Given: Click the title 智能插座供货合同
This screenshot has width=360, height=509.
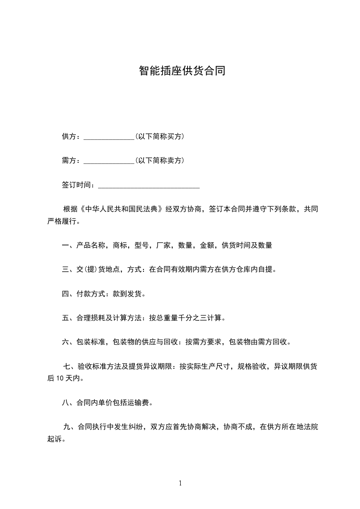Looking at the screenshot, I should click(x=182, y=71).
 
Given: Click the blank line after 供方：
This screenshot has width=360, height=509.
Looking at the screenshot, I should click(x=109, y=137).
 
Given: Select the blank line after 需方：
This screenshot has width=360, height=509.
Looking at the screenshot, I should click(x=109, y=161).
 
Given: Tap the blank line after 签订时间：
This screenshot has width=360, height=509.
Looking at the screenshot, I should click(x=149, y=186).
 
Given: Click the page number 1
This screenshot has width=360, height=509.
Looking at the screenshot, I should click(x=180, y=483).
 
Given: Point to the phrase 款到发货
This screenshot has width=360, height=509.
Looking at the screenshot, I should click(x=127, y=294).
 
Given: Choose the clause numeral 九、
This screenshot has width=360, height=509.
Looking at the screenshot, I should click(x=70, y=426).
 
